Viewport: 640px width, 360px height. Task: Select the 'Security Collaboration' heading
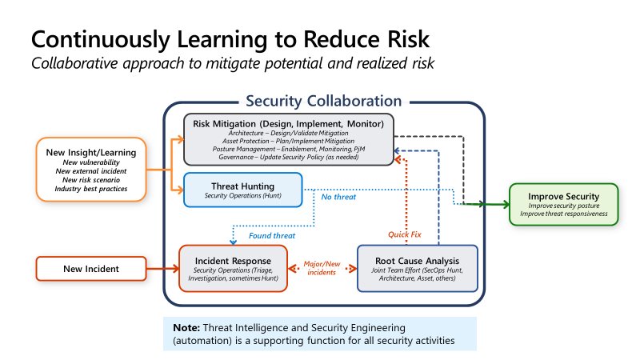[x=323, y=101]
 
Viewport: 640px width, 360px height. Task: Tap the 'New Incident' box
[x=91, y=269]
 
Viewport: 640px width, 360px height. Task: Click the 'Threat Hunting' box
[x=243, y=190]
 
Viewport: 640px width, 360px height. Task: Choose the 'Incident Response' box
[x=231, y=268]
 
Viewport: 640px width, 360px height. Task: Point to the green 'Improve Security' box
[x=563, y=204]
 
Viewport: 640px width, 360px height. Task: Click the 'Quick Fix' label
[x=404, y=234]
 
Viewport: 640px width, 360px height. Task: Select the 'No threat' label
[x=338, y=196]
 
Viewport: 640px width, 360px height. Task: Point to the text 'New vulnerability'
[x=90, y=162]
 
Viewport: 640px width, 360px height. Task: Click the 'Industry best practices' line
[x=90, y=188]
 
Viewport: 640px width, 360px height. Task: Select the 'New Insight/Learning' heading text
[x=90, y=152]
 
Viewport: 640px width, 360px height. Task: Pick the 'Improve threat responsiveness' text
[x=563, y=214]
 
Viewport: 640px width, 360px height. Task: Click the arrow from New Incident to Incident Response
[x=163, y=269]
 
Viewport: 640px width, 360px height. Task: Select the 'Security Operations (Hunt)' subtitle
[x=243, y=196]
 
